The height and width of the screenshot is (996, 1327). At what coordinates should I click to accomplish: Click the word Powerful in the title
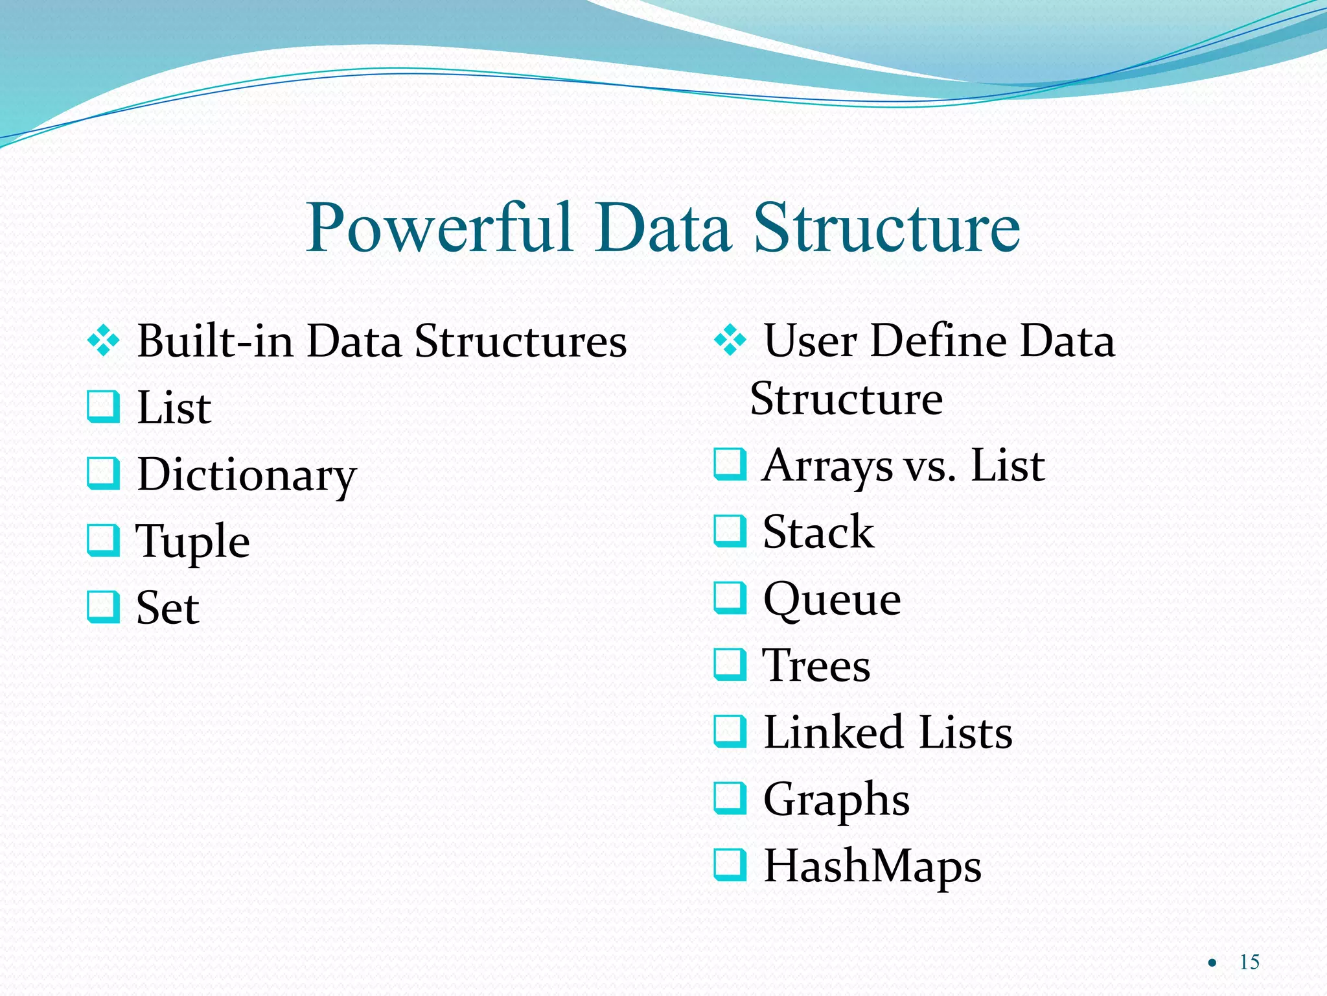439,228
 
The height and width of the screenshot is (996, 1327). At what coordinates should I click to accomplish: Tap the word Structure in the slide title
886,228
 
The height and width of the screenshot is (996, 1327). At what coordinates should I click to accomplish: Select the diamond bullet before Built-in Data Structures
104,340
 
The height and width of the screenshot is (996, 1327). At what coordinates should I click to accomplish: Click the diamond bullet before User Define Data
730,340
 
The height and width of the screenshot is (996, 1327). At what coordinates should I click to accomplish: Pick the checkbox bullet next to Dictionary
104,473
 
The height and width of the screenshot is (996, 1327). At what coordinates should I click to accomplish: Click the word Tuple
192,541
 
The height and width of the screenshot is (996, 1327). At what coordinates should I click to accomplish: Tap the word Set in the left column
167,608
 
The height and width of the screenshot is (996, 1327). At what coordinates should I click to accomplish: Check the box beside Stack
730,531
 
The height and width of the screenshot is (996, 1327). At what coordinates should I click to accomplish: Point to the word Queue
832,599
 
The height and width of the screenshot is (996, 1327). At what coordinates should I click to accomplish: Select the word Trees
816,666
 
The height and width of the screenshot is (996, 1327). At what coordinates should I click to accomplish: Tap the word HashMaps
872,867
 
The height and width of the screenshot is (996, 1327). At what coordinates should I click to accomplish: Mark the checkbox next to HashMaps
730,866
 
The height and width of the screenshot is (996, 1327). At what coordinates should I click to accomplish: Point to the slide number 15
1249,962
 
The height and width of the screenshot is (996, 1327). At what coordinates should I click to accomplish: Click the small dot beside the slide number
1212,964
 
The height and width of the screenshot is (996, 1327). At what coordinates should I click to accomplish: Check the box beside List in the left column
104,407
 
